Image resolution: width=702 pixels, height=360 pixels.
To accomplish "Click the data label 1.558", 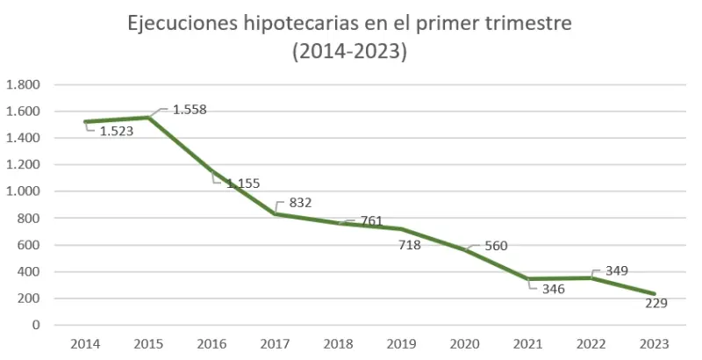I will [x=190, y=110].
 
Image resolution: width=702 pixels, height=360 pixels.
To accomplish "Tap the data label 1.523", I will [x=115, y=131].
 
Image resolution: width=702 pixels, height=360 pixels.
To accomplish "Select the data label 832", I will [x=300, y=202].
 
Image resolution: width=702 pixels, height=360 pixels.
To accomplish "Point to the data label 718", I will [x=409, y=245].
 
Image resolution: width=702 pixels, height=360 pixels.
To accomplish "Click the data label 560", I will [x=496, y=246].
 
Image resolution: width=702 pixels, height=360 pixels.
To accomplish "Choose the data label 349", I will [x=616, y=270].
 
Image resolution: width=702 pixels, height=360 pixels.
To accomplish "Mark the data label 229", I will [x=655, y=303].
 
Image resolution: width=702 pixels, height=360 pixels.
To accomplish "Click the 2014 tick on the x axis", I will [x=85, y=343].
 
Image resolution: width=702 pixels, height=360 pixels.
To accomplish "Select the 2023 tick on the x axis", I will [x=655, y=343].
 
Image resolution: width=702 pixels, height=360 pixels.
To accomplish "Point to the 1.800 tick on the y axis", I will [x=23, y=85].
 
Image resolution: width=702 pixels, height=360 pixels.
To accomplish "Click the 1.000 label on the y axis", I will [x=23, y=191].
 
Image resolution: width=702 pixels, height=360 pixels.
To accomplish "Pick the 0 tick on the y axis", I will [x=36, y=325].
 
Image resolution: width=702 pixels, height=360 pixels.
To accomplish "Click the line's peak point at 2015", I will [x=149, y=117].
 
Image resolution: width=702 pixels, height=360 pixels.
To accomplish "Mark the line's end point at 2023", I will [x=655, y=294].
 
